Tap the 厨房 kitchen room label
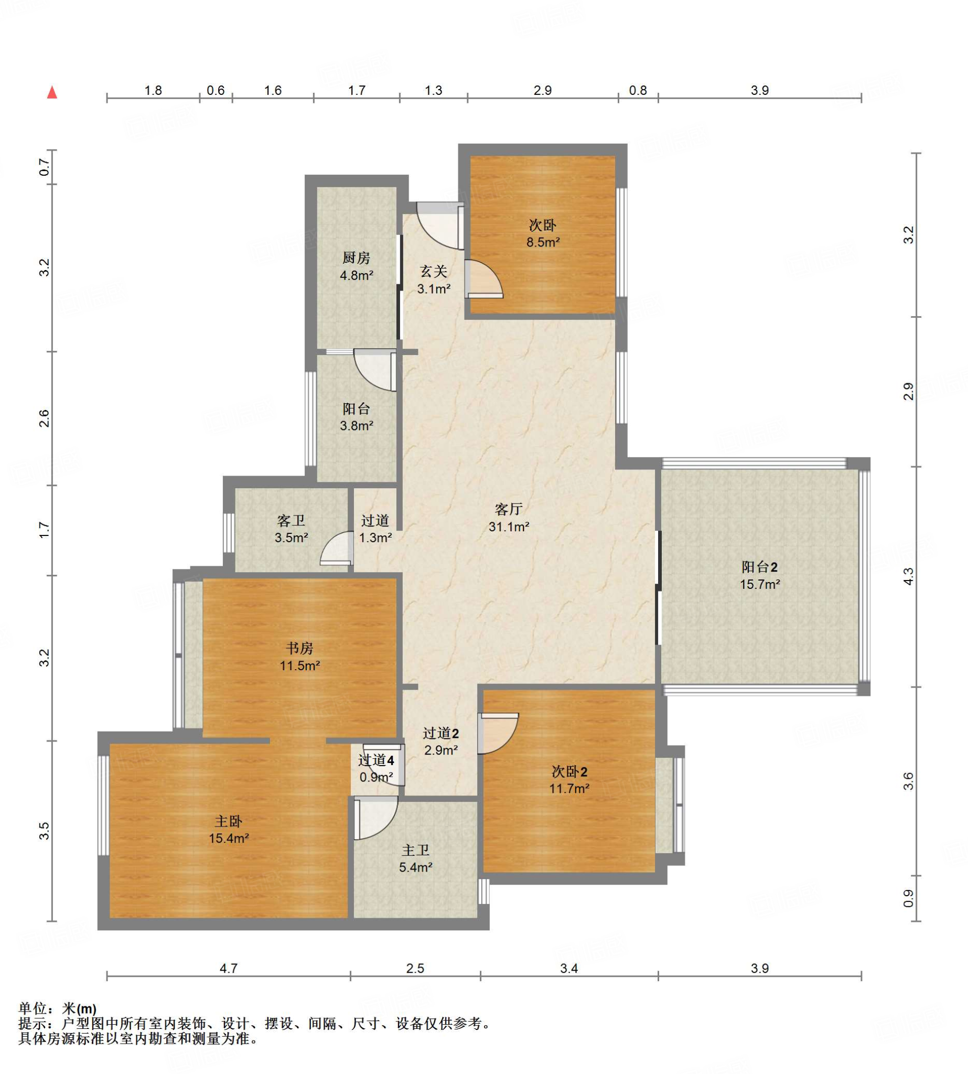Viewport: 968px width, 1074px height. (356, 258)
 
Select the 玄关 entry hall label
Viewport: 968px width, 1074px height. (434, 272)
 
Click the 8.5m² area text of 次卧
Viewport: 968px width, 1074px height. (543, 243)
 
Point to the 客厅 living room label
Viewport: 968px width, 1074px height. (509, 510)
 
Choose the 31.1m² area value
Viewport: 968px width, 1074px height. (509, 527)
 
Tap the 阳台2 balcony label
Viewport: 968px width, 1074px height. (759, 567)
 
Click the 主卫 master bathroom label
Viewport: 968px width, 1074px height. (415, 850)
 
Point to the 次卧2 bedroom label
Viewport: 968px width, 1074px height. (569, 771)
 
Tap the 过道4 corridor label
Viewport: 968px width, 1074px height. (376, 761)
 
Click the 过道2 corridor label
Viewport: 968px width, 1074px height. (440, 734)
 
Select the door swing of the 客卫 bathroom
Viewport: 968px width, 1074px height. (337, 549)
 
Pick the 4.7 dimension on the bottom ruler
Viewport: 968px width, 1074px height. (229, 968)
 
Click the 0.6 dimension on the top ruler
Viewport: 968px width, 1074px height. (216, 90)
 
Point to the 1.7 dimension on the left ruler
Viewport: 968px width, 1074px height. (45, 530)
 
